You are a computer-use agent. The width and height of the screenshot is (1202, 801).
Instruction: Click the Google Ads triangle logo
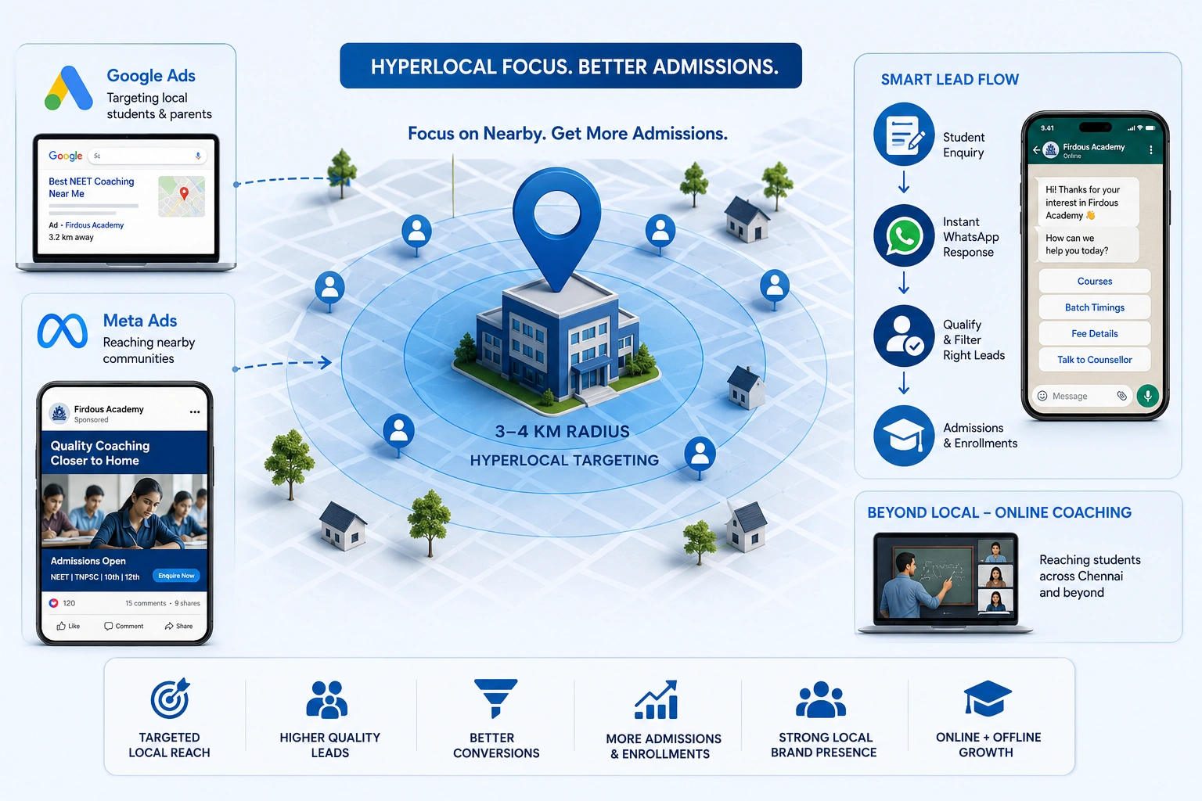coord(69,88)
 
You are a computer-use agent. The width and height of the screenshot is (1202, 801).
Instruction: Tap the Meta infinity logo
coord(63,331)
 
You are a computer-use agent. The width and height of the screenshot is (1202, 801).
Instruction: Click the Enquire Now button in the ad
coord(176,576)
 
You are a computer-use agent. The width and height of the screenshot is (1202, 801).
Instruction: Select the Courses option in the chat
coord(1095,281)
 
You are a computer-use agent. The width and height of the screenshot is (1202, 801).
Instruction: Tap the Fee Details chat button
coord(1095,334)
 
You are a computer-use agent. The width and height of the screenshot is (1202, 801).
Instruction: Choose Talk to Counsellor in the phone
coord(1095,360)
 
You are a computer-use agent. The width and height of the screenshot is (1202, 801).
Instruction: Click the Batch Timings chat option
coord(1095,307)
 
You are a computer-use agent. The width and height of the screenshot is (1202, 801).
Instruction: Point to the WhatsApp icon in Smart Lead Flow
coord(904,235)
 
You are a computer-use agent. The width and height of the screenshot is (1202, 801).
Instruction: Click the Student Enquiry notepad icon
coord(904,134)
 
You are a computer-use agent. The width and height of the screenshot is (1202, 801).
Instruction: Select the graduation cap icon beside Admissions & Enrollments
coord(904,436)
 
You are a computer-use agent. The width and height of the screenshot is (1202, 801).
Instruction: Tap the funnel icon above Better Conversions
coord(495,698)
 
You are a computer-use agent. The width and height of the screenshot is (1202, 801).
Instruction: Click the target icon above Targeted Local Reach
coord(170,698)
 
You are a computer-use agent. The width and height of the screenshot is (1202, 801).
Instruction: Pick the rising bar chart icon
coord(657,699)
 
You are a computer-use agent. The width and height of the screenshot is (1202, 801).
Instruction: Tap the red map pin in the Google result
coord(184,193)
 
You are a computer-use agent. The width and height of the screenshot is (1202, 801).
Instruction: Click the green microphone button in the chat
coord(1148,396)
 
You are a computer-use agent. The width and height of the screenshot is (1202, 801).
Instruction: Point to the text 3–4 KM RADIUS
coord(562,431)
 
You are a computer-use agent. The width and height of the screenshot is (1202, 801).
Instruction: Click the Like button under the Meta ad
coord(68,626)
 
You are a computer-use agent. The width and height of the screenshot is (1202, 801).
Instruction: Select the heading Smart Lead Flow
coord(950,80)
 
